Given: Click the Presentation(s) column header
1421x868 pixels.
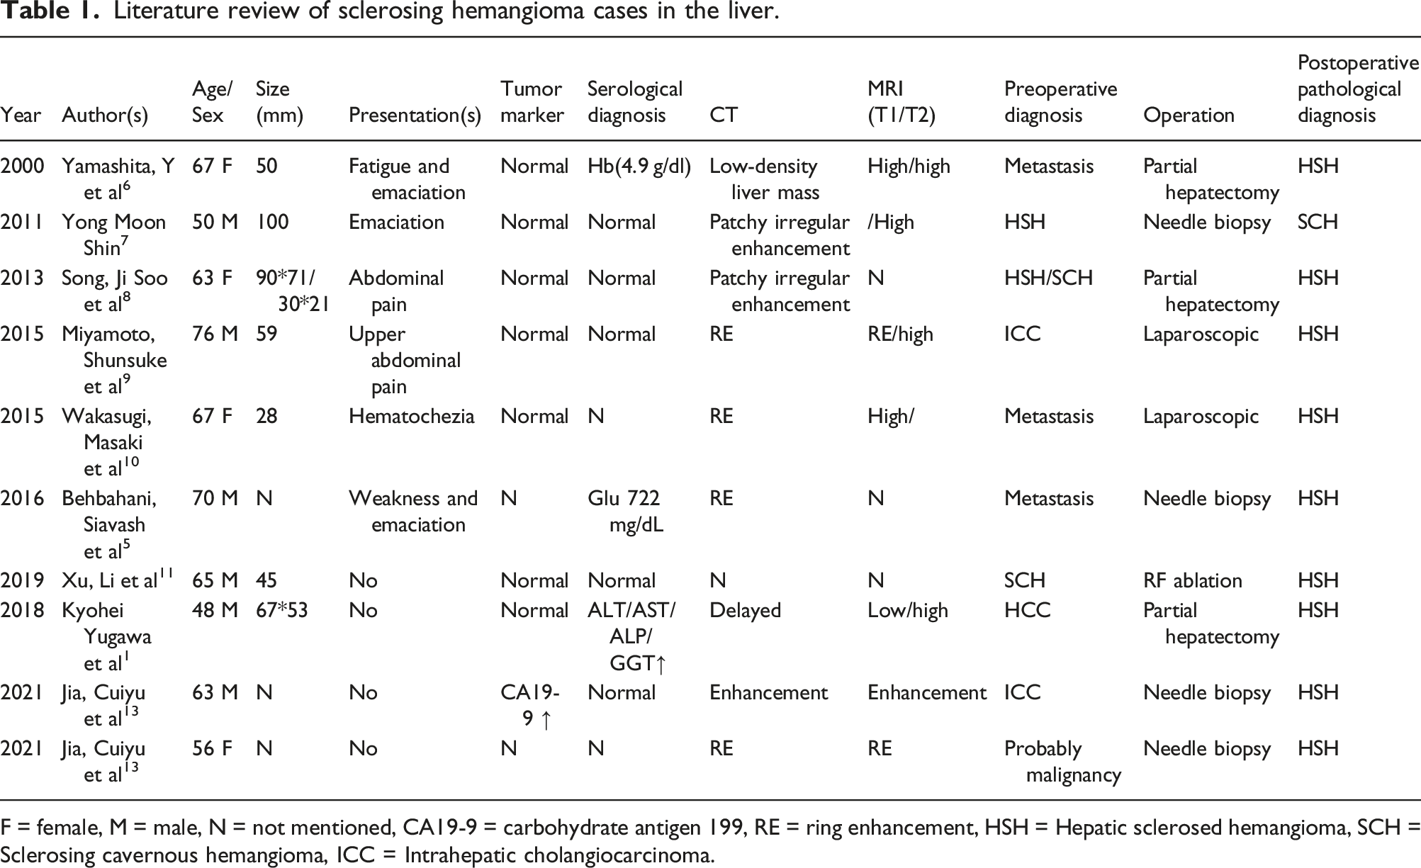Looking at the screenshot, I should click(415, 115).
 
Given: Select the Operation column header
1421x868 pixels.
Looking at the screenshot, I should click(1189, 115).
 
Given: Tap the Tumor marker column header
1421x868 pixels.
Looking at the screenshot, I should click(532, 102).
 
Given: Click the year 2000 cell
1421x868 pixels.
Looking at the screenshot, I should click(22, 167).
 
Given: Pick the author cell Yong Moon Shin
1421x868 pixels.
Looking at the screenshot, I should click(113, 235).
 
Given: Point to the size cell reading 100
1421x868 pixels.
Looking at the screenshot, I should click(272, 222).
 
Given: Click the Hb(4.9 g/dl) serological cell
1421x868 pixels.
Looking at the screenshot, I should click(639, 167).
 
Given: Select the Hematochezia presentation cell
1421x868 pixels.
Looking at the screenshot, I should click(411, 416).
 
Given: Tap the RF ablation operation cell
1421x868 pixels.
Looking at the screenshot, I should click(1192, 581).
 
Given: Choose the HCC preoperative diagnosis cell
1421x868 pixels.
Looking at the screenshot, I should click(1027, 611).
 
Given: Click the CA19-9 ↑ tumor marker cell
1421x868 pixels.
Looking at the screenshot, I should click(530, 706).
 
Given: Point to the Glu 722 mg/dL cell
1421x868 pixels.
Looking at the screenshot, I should click(625, 511).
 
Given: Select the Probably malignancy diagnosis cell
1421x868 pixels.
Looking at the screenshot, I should click(1062, 762).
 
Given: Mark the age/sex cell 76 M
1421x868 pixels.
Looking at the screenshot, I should click(215, 334).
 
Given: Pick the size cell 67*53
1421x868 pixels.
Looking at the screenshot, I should click(281, 611).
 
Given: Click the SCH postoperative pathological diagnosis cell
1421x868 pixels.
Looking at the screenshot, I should click(1318, 222).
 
